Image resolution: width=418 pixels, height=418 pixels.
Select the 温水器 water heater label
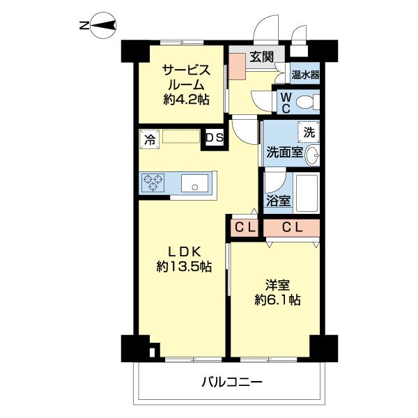305,75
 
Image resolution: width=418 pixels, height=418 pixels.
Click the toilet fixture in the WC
305,102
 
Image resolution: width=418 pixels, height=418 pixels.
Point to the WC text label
286,102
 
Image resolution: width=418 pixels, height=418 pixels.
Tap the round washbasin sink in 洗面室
313,155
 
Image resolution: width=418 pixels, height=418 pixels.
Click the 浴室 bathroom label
279,201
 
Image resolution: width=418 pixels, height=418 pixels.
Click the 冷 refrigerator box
149,139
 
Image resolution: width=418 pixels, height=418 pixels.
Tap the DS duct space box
214,138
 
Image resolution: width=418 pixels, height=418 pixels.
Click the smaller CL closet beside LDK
244,227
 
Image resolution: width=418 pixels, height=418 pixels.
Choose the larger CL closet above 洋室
291,227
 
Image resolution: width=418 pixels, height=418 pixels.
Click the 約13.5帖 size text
184,267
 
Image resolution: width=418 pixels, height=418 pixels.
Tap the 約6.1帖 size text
277,300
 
